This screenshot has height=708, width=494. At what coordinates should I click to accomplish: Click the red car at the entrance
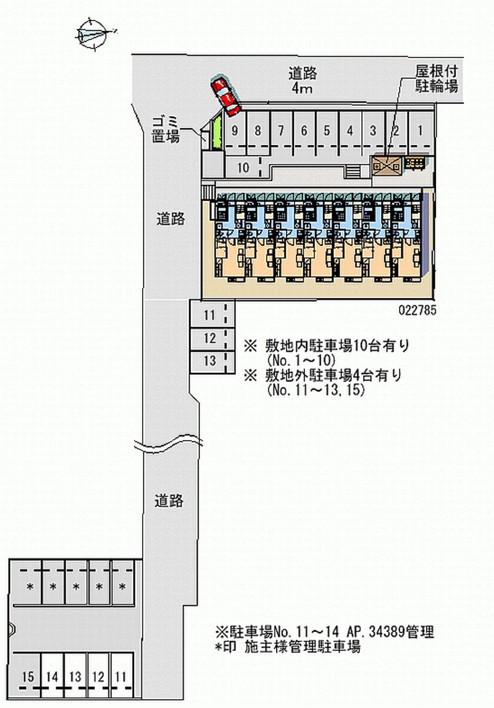(225, 96)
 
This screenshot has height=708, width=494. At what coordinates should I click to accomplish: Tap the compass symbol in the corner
(94, 33)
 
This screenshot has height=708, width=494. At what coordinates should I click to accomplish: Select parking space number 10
(243, 167)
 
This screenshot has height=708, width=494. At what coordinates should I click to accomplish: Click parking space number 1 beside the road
(420, 130)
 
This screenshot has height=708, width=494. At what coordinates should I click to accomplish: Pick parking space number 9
(235, 130)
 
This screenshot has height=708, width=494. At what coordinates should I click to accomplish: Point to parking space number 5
(327, 130)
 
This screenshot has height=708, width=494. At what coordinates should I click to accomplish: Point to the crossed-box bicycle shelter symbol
(386, 165)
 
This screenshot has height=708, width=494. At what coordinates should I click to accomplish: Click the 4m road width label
(303, 89)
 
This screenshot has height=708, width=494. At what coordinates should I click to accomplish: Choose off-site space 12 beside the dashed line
(209, 338)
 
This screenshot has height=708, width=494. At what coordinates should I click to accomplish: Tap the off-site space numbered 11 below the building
(209, 315)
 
